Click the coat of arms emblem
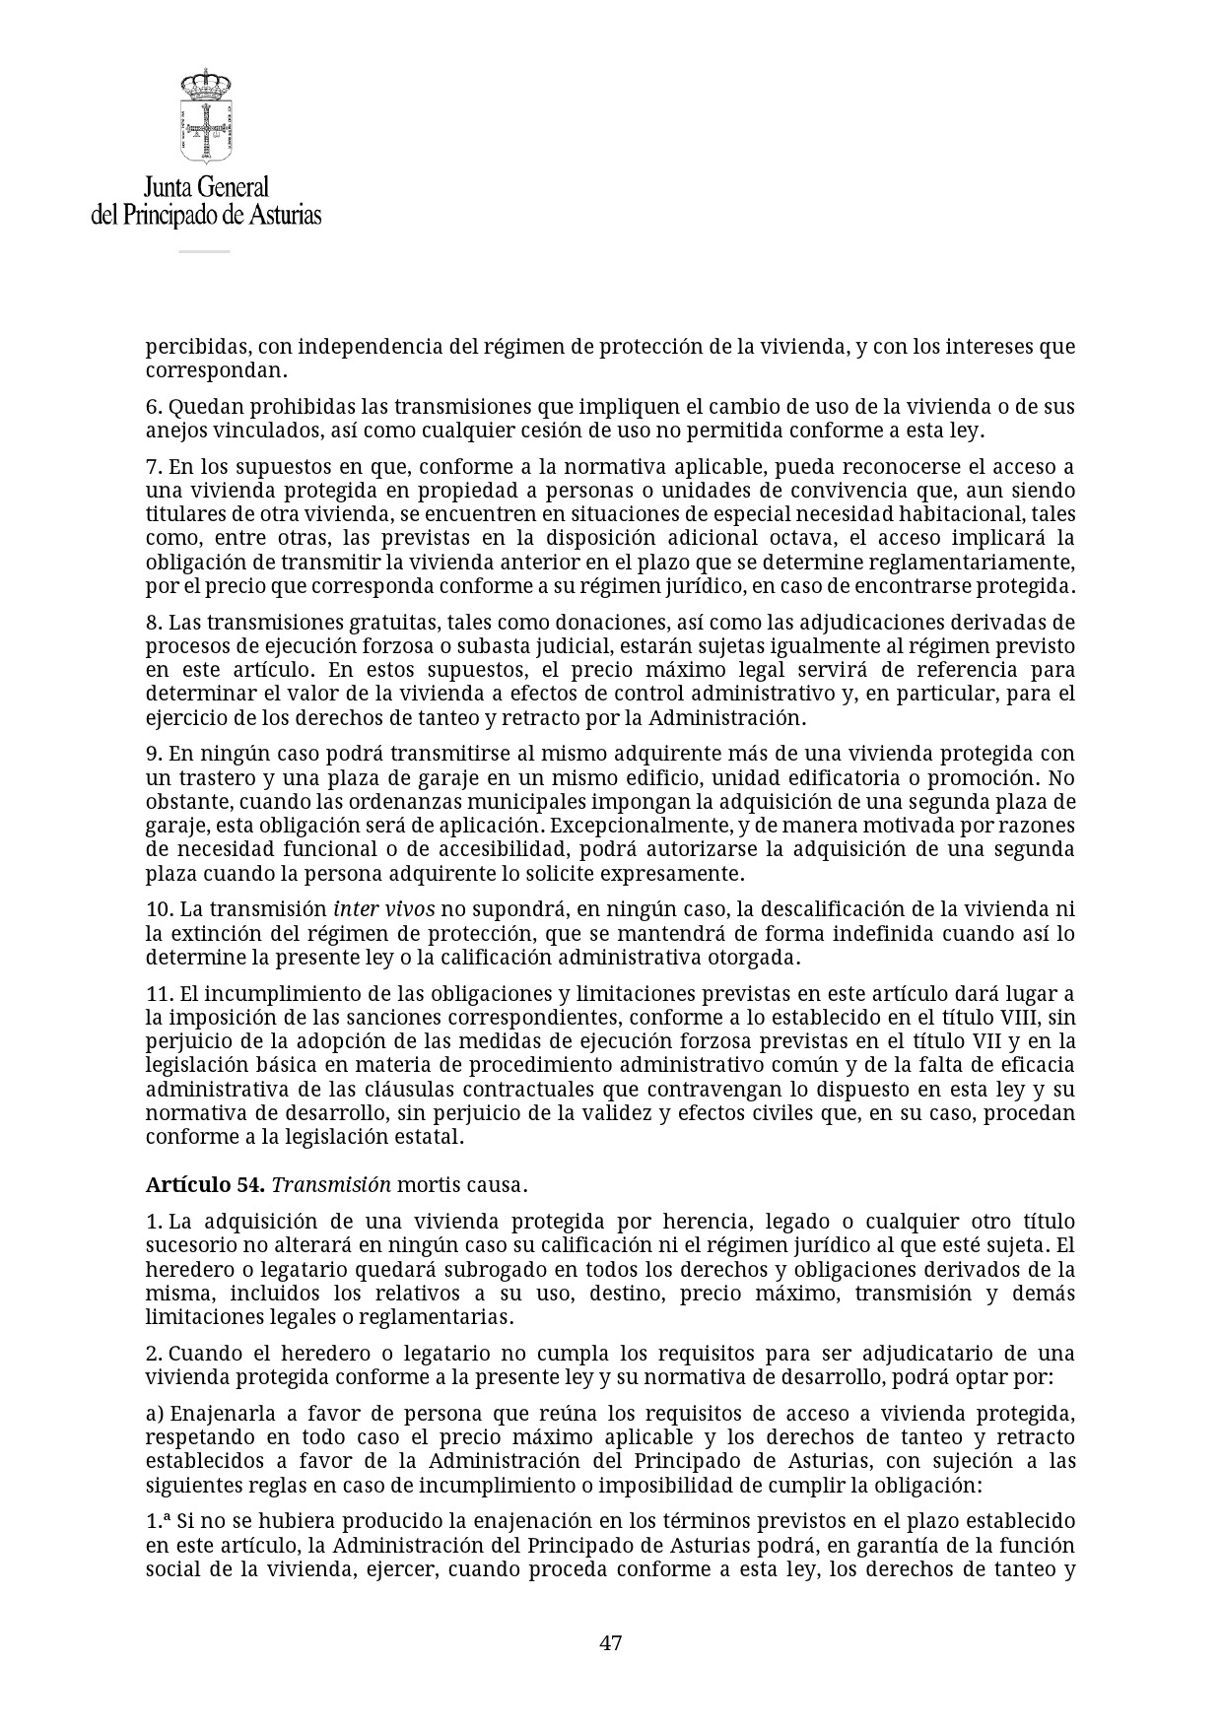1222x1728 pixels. click(x=205, y=116)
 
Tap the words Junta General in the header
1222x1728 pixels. click(x=206, y=186)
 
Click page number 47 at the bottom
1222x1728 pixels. click(x=610, y=1642)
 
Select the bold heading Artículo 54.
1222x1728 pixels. click(x=205, y=1184)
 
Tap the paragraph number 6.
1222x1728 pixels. click(x=152, y=407)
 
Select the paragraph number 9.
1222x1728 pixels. click(x=152, y=754)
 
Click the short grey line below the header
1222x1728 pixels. click(x=204, y=251)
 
